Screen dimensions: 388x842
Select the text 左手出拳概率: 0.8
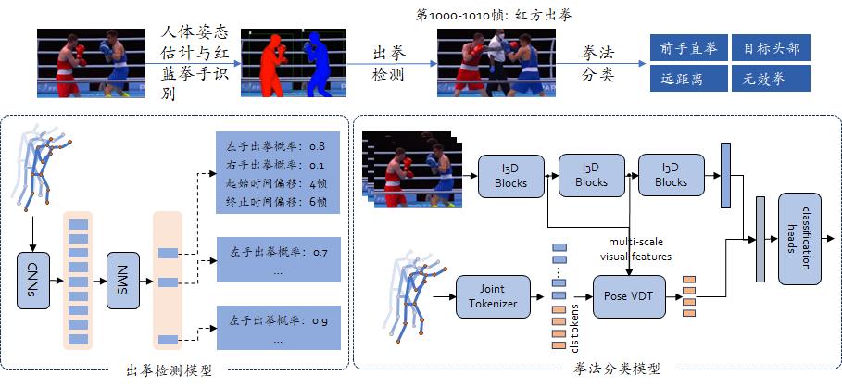tap(275, 146)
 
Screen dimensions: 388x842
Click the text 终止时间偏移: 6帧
tap(275, 202)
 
